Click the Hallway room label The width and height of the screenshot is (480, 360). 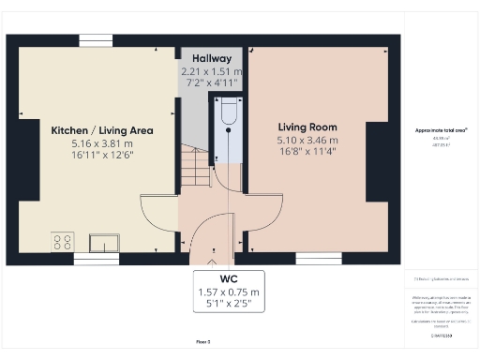(212, 57)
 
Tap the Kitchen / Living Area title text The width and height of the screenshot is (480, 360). (90, 130)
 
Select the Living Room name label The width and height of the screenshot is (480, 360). (307, 127)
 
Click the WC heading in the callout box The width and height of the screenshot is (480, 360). (229, 279)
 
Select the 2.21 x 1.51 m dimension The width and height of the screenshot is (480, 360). (212, 70)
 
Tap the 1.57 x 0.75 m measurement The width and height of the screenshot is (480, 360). (229, 292)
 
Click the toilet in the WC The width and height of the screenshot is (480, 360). (228, 116)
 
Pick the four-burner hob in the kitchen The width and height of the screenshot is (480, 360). (63, 242)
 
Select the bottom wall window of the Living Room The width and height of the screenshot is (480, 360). (312, 258)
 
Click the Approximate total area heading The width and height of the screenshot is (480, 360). (441, 130)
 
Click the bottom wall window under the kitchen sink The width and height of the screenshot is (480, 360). (97, 258)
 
